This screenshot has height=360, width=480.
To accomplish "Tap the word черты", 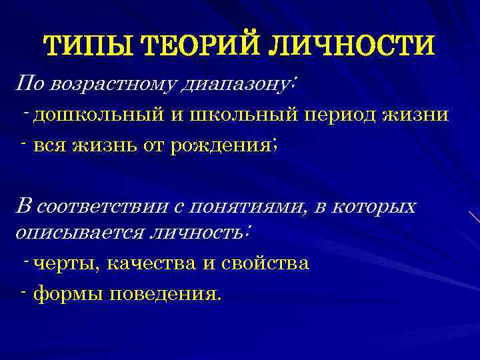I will [65, 263].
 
